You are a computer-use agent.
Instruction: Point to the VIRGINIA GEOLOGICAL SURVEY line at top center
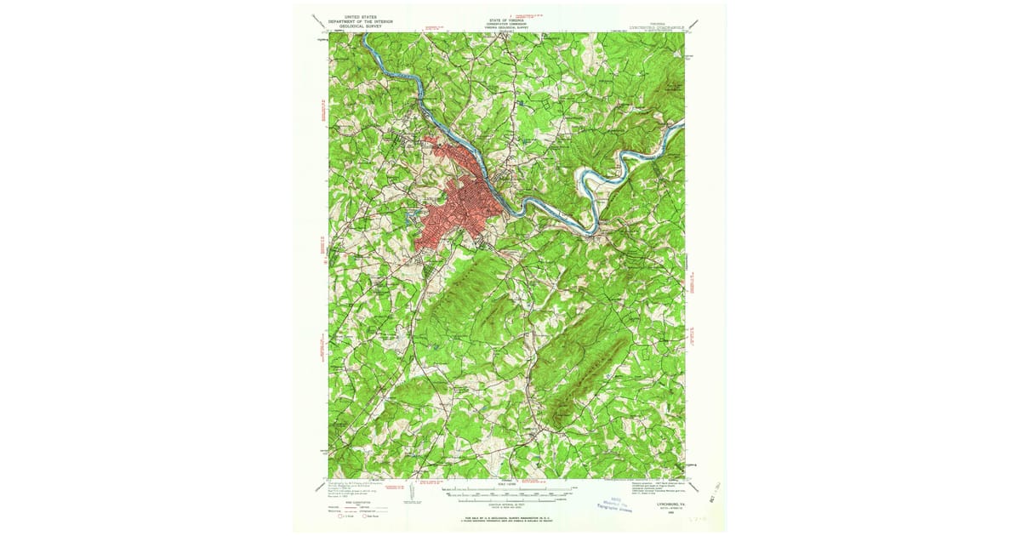pyautogui.click(x=507, y=27)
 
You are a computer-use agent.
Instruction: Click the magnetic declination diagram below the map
pyautogui.click(x=411, y=492)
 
